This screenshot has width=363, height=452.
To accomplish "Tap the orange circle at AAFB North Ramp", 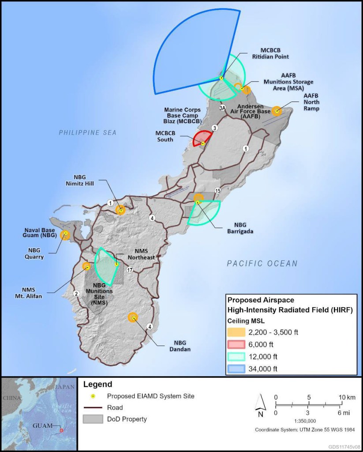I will tap(277, 111).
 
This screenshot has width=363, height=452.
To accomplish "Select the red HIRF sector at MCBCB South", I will tap(201, 138).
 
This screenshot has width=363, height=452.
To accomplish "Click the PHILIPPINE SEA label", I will tap(88, 132).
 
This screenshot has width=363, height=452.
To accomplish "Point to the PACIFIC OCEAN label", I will tap(262, 264).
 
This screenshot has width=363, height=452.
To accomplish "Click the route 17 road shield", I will tap(130, 270).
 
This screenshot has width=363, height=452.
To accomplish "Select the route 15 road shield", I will tap(217, 190).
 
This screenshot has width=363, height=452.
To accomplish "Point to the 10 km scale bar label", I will tap(347, 397).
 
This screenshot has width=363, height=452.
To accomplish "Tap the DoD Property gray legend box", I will tap(91, 419).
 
